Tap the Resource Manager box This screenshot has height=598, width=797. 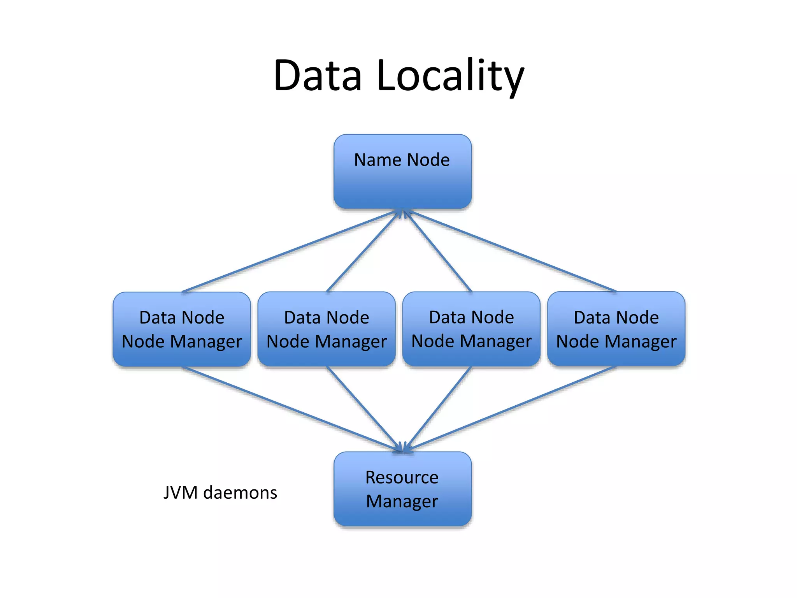402,489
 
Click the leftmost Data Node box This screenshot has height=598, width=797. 182,329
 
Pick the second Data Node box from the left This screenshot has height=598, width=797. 327,329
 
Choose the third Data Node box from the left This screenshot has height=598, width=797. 471,329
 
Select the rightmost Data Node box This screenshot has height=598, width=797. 616,329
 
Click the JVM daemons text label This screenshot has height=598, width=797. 220,492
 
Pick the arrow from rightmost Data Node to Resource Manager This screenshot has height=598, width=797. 510,409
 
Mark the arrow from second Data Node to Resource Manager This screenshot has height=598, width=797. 364,409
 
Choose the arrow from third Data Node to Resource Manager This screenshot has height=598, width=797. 438,409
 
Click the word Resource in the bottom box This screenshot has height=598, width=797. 402,477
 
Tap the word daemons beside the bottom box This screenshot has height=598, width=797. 240,492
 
